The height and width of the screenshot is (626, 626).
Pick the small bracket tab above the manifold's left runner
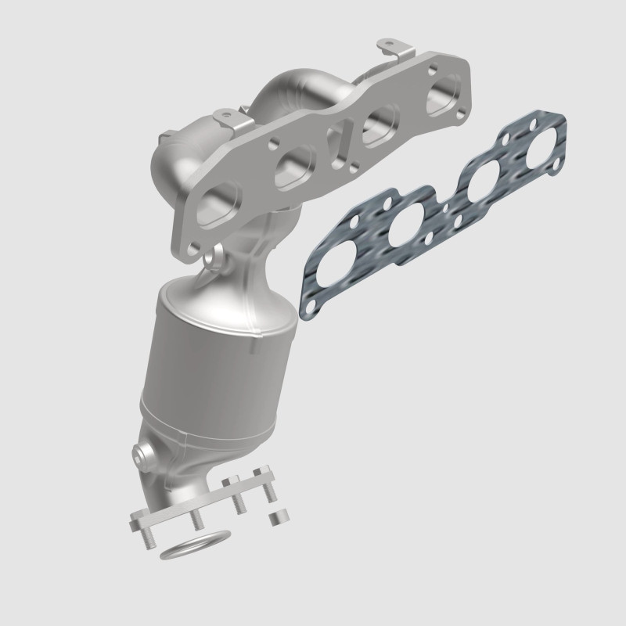[x=226, y=115]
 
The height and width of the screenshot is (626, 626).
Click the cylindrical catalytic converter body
[x=219, y=360]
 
